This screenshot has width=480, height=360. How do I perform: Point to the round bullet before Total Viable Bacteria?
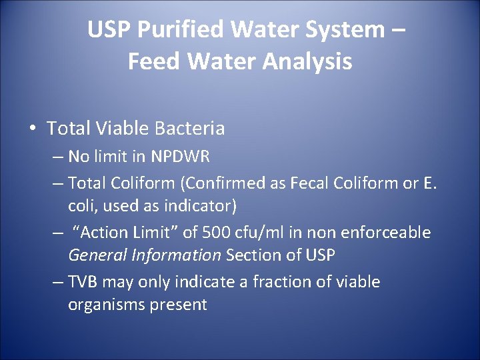32,129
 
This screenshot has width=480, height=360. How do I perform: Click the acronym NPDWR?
180,157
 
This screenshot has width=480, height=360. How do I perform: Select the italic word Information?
179,256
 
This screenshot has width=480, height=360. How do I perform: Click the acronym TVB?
84,282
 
